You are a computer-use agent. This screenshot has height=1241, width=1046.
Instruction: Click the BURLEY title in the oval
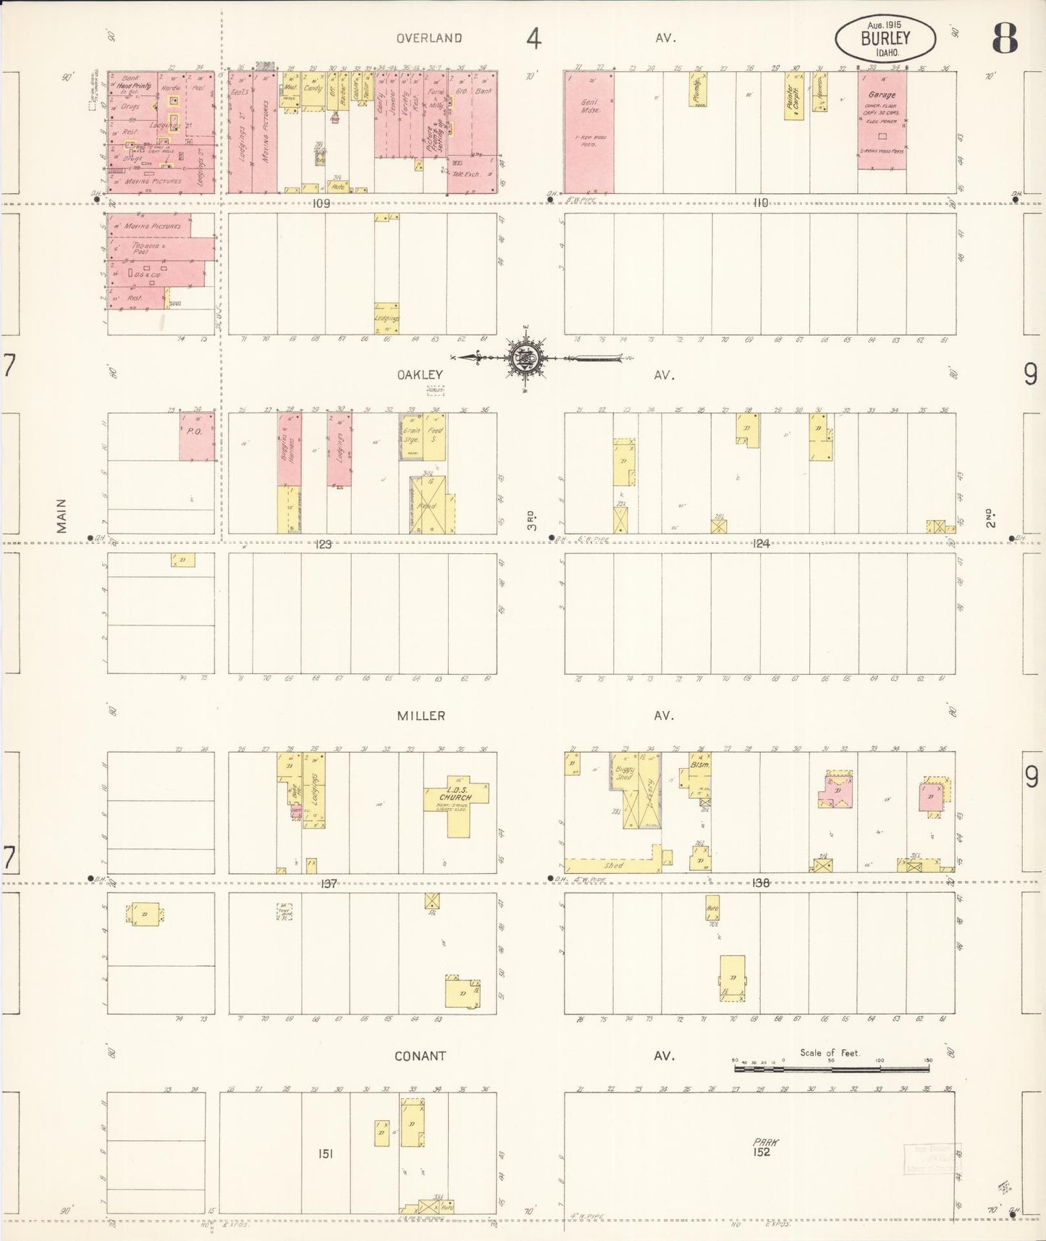[x=885, y=39]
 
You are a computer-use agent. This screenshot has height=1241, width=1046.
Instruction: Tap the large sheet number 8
[x=1005, y=38]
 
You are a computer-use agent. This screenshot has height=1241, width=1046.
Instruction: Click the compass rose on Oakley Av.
[x=528, y=358]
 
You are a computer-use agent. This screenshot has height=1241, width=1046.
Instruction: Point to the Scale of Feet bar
[x=831, y=1067]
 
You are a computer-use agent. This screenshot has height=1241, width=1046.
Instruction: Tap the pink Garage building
[x=882, y=120]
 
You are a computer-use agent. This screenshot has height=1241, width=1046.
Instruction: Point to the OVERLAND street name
[x=430, y=38]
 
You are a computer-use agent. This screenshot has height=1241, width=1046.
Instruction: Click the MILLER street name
[x=421, y=715]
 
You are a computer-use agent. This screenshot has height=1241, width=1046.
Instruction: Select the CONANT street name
[x=420, y=1056]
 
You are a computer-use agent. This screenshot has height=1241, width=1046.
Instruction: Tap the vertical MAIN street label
[x=62, y=516]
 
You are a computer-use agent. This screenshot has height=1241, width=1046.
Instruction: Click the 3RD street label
[x=531, y=520]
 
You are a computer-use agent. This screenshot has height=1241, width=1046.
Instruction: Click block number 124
[x=761, y=544]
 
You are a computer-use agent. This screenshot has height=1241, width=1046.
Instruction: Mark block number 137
[x=329, y=883]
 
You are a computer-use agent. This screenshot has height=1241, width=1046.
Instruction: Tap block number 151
[x=326, y=1153]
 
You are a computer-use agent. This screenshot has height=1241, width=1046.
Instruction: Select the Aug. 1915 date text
[x=884, y=25]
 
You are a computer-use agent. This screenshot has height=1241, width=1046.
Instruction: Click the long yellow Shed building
[x=612, y=865]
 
